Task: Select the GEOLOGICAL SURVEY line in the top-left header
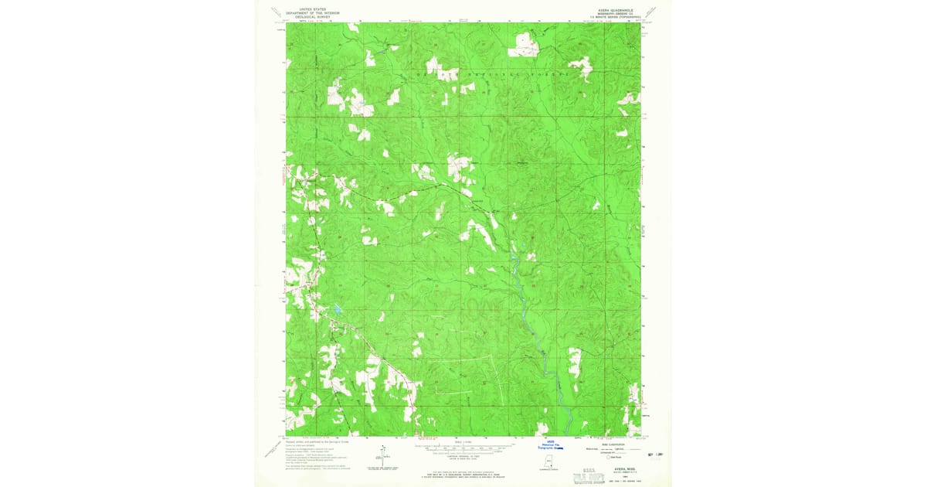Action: (303, 16)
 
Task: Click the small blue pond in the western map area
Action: (338, 311)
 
